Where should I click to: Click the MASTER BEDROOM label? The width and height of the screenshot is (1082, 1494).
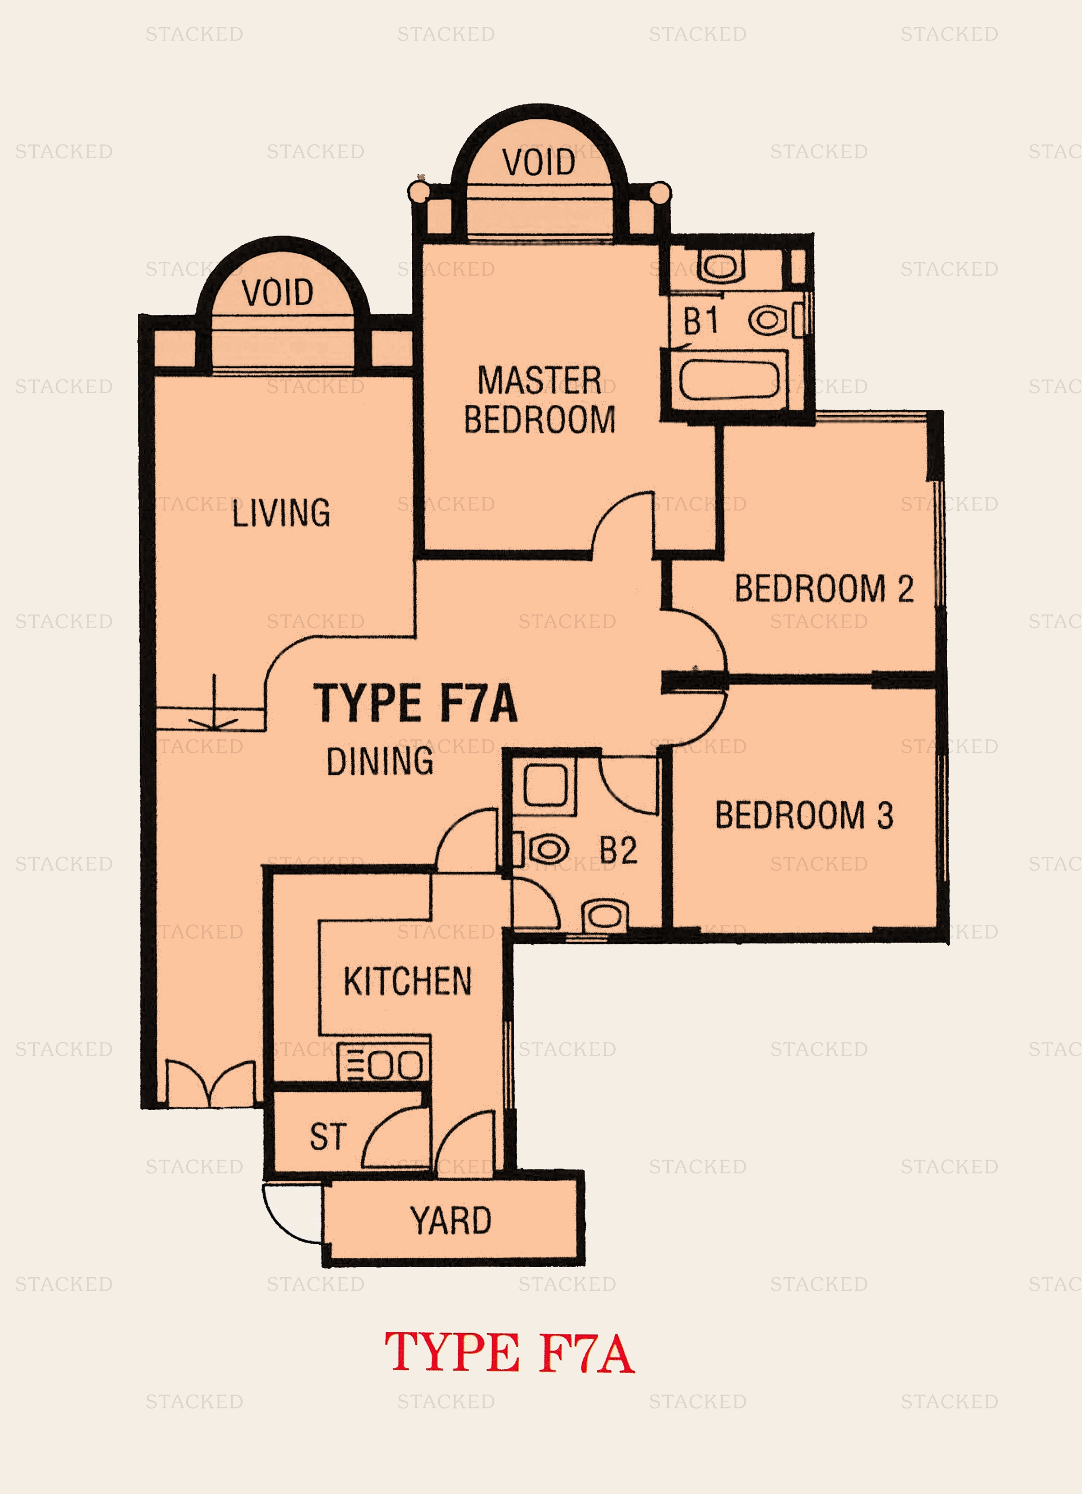tap(539, 400)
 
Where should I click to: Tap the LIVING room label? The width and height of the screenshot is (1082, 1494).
tap(281, 513)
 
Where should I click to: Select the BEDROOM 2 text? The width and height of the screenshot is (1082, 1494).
tap(824, 588)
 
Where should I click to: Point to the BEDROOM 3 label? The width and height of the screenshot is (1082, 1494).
tap(804, 815)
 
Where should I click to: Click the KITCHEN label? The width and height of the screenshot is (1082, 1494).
tap(407, 981)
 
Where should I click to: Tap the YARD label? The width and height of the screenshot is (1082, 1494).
tap(451, 1220)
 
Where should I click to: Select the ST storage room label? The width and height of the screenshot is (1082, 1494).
tap(328, 1136)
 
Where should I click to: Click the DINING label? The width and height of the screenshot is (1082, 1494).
tap(380, 761)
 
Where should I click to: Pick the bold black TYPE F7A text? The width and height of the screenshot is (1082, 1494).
tap(415, 704)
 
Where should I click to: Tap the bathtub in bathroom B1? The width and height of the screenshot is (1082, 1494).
tap(729, 379)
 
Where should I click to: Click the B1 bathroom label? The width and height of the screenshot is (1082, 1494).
tap(701, 321)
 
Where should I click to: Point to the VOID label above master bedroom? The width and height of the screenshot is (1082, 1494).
tap(538, 162)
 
